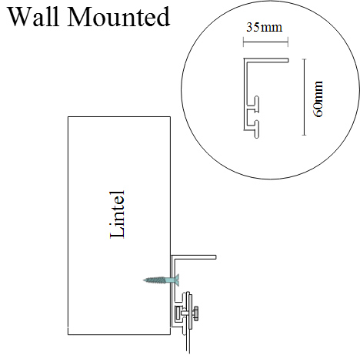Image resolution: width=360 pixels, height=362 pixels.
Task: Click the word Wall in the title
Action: tap(34, 17)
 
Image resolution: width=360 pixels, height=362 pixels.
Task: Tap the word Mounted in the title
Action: tap(118, 17)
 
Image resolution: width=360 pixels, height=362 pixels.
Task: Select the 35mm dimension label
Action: tap(264, 28)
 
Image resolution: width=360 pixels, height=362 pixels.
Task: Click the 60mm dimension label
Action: tap(318, 99)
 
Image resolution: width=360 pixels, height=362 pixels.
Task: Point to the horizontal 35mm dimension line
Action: tap(265, 42)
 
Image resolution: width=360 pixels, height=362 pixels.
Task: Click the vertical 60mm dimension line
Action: tap(304, 97)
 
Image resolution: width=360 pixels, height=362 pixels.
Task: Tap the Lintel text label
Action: tap(118, 215)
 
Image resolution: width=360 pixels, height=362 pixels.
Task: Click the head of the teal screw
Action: tap(176, 280)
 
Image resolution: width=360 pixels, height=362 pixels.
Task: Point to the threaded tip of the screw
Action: tap(145, 280)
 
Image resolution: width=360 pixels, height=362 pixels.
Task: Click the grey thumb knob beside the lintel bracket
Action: tap(196, 313)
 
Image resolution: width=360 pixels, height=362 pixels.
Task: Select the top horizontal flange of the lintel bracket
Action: tap(194, 257)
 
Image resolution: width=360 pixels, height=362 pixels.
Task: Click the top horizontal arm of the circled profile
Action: tap(266, 60)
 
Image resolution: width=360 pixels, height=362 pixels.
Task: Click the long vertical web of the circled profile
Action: tap(245, 95)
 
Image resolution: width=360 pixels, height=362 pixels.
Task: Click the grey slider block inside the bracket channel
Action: tap(178, 313)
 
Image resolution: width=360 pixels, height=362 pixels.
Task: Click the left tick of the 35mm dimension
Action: tap(243, 42)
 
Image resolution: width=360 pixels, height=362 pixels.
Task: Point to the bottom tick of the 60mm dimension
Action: tap(304, 135)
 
